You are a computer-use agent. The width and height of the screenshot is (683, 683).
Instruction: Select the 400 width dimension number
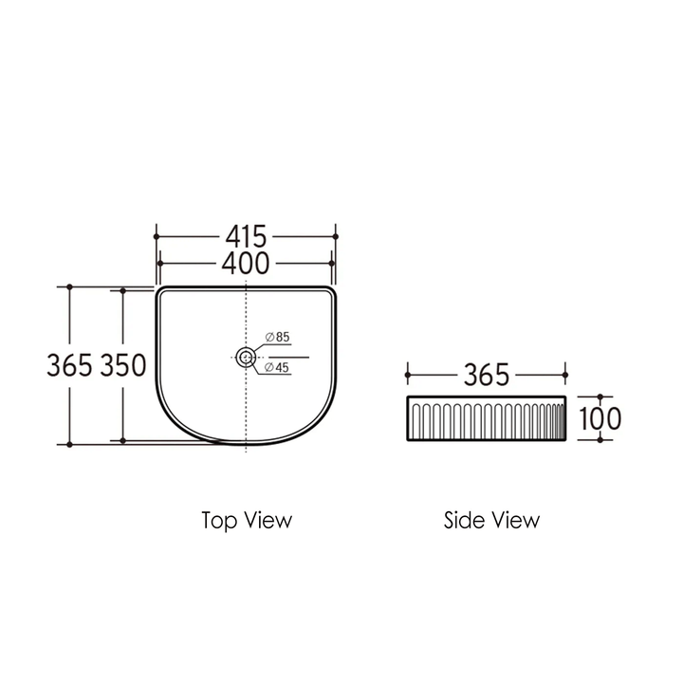pos(247,263)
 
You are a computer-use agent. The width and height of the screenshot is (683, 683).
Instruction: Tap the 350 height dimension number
pos(123,364)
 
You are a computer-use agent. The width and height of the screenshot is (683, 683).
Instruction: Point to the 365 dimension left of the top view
pos(70,364)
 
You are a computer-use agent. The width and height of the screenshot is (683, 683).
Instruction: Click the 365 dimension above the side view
pos(487,375)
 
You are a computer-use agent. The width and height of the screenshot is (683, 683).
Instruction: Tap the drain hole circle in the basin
pos(246,357)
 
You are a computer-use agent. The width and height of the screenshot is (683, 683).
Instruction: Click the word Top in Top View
pos(217,520)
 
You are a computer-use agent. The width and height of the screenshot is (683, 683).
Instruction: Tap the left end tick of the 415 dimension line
pos(156,234)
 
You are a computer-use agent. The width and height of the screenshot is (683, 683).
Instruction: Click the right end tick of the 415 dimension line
pos(336,234)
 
